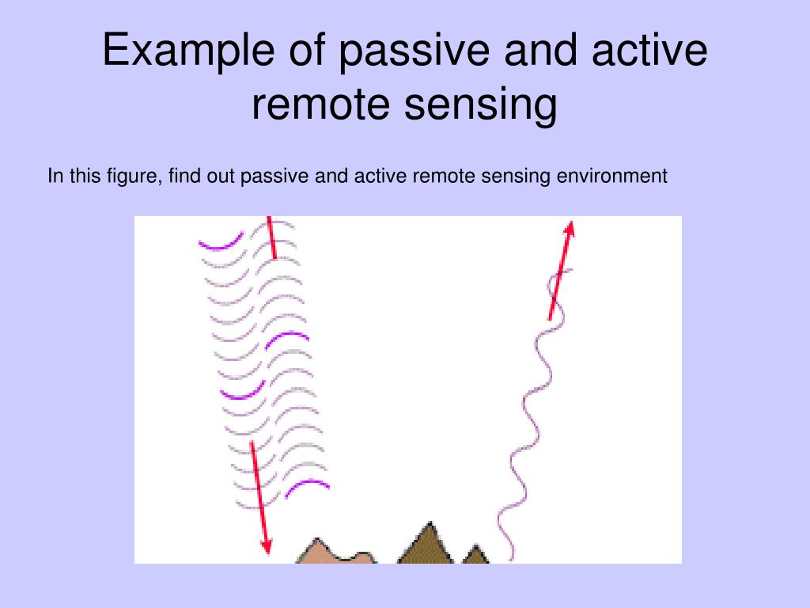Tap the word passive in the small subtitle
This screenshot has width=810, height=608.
click(275, 175)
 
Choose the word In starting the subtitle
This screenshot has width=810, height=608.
click(54, 175)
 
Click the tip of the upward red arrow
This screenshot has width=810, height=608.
click(570, 225)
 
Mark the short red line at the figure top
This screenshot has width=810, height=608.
click(271, 237)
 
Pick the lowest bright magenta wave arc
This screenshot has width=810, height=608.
click(306, 486)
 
